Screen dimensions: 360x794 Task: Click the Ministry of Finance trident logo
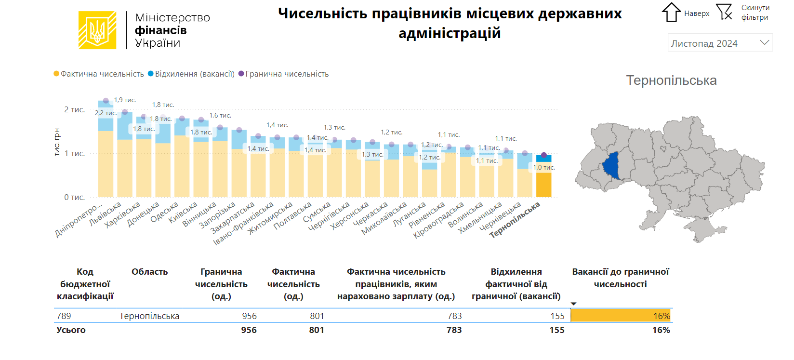pos(97,30)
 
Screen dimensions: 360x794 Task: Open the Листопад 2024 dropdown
pos(720,43)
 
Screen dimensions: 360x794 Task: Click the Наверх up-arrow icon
pos(671,13)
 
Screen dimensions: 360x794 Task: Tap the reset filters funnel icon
pos(724,12)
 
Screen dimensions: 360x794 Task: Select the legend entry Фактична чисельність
pos(99,74)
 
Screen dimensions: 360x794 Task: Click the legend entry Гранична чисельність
pos(284,74)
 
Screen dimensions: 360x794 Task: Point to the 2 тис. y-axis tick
pos(74,110)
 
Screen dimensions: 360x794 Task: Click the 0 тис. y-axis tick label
pos(74,197)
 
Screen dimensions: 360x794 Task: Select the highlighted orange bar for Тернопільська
pos(543,186)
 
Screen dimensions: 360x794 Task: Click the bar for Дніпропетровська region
pos(106,164)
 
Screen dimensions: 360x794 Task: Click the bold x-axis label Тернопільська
pos(515,219)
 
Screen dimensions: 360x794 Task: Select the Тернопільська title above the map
pos(671,80)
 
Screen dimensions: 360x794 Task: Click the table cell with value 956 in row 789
pos(249,316)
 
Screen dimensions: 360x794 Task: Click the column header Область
pos(149,272)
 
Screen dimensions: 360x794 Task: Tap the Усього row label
pos(71,330)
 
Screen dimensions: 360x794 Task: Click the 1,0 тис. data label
pos(543,168)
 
